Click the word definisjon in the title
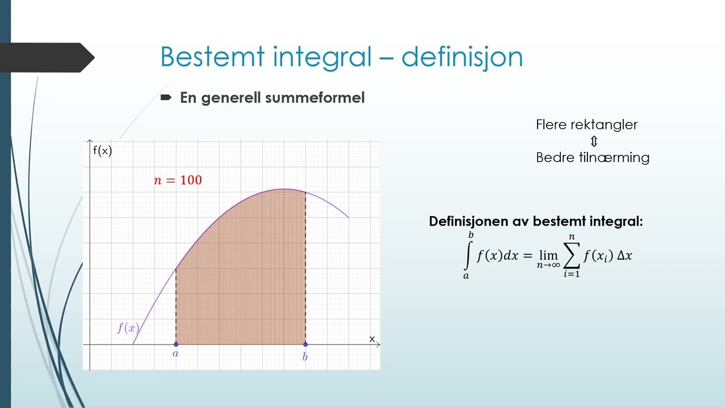pos(462,57)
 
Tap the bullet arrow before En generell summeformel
pos(166,97)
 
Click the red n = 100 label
pos(178,181)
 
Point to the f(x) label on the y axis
pos(103,151)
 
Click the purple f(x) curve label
pos(127,328)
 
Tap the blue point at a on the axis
pos(176,344)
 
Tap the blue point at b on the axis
pos(305,344)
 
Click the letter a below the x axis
pos(176,354)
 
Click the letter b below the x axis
pos(305,356)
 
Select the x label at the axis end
pos(372,339)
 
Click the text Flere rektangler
pos(587,125)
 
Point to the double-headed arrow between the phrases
pos(593,141)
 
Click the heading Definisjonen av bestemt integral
pos(535,222)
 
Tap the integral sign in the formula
pos(467,256)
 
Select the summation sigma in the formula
pos(572,255)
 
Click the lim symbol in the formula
pos(547,255)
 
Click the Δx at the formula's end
pos(624,256)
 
